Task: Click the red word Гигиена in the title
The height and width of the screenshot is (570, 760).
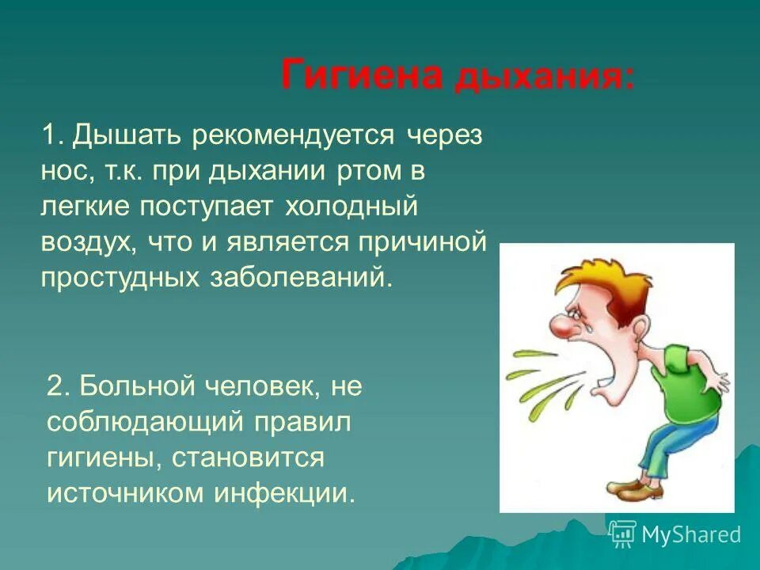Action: pyautogui.click(x=362, y=76)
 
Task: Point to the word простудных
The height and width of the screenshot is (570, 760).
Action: pyautogui.click(x=120, y=278)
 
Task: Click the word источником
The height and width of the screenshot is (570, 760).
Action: pyautogui.click(x=126, y=493)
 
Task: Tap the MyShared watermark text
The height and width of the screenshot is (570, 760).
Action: pyautogui.click(x=690, y=535)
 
